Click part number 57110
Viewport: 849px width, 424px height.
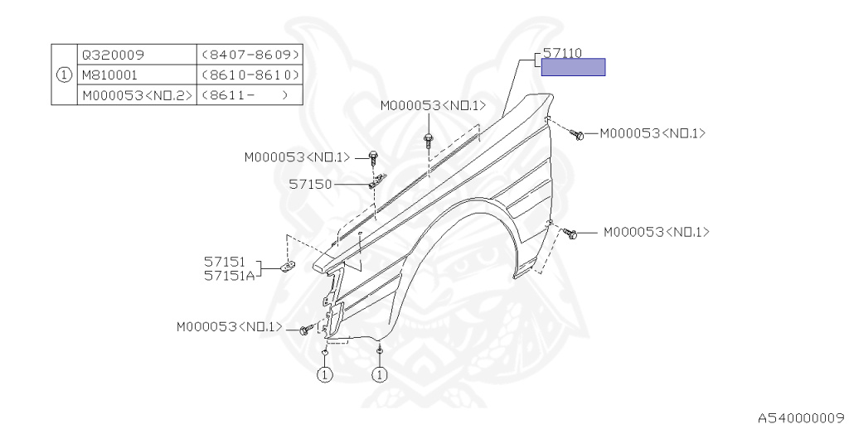(x=562, y=52)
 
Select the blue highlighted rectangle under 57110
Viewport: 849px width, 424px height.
(x=573, y=67)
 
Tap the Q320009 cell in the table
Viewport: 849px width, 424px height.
(x=113, y=55)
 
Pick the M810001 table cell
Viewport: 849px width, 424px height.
(x=109, y=75)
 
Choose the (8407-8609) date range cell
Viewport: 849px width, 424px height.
(x=250, y=55)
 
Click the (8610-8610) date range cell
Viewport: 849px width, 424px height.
(x=250, y=75)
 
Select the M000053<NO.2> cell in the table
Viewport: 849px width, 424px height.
(x=137, y=95)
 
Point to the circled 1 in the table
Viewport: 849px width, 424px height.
(x=64, y=75)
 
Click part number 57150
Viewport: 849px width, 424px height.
(x=310, y=184)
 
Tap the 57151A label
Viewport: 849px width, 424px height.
(x=229, y=275)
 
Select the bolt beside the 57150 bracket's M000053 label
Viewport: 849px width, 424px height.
(x=373, y=157)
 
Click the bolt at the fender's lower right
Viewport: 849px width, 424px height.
(x=572, y=234)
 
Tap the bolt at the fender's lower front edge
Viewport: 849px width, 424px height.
(x=304, y=330)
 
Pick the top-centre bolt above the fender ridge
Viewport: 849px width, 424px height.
(x=429, y=138)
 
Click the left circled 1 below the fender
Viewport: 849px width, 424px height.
(x=324, y=375)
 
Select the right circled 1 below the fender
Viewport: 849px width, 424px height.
(x=380, y=375)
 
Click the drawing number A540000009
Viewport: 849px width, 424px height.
(x=799, y=417)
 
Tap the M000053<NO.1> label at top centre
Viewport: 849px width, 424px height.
(x=433, y=106)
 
